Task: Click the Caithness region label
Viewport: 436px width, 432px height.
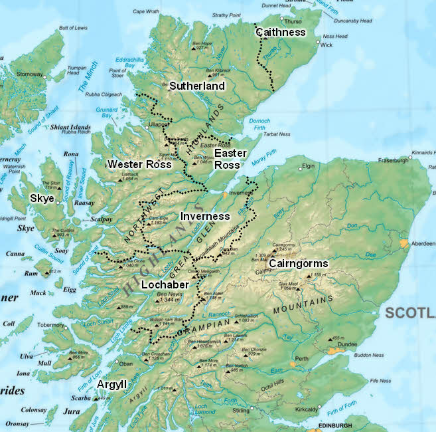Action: [281, 32]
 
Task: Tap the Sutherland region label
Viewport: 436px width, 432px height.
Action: [196, 86]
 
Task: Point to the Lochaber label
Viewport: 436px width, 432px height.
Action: [165, 284]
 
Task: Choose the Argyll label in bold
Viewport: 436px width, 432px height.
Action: [111, 385]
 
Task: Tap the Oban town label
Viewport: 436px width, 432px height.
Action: [126, 363]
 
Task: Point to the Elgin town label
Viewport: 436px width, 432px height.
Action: [308, 166]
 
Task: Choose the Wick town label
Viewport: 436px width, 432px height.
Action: [326, 45]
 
